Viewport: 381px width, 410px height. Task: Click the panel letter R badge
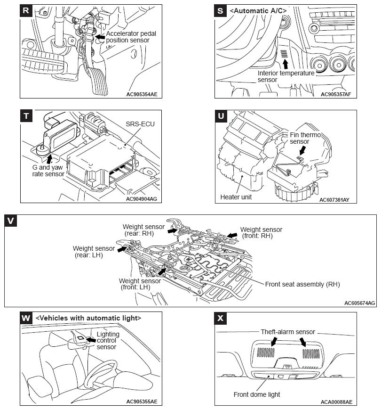(26, 10)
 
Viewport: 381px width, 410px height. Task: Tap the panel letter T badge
(26, 116)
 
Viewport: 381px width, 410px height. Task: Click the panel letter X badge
(221, 318)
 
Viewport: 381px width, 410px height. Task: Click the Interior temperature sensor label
(286, 76)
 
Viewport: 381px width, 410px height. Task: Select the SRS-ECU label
(140, 124)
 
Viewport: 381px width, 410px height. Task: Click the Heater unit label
(236, 197)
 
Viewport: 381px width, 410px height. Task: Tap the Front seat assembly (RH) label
(302, 284)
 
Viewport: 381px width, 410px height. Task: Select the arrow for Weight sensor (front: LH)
(162, 271)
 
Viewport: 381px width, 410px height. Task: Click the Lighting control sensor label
(108, 340)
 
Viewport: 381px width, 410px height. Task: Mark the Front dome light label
(257, 394)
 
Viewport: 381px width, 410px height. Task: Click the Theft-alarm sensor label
(288, 332)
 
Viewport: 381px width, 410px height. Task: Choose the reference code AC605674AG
(359, 303)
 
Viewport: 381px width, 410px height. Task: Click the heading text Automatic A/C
(259, 10)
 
